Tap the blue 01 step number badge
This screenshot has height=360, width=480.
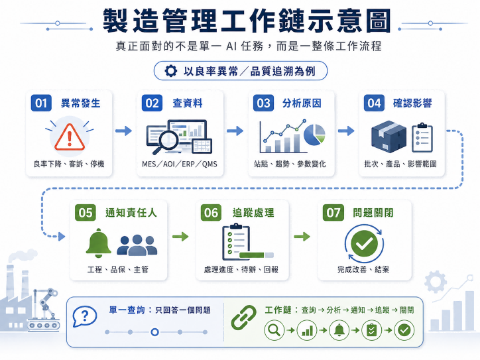[x=41, y=103]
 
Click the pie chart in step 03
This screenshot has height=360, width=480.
[x=315, y=135]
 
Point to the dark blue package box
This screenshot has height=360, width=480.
[x=389, y=137]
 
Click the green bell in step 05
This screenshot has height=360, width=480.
[x=98, y=243]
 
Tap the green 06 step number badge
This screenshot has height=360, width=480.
[x=211, y=213]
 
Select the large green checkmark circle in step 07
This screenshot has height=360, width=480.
[x=364, y=243]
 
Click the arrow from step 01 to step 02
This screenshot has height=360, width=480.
[x=123, y=131]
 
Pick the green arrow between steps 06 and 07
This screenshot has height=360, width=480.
[x=302, y=236]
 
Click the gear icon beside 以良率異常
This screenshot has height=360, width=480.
[x=170, y=71]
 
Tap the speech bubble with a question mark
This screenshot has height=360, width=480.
[x=84, y=316]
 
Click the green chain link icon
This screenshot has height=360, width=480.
[x=244, y=317]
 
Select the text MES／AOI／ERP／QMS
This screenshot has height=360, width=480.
[x=180, y=164]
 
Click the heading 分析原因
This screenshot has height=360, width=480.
[x=302, y=103]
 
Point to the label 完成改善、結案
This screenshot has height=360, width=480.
[x=363, y=269]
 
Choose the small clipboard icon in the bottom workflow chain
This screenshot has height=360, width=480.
[x=372, y=330]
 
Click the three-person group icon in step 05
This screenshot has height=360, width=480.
[x=137, y=245]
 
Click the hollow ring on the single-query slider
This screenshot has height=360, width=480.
[x=155, y=332]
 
